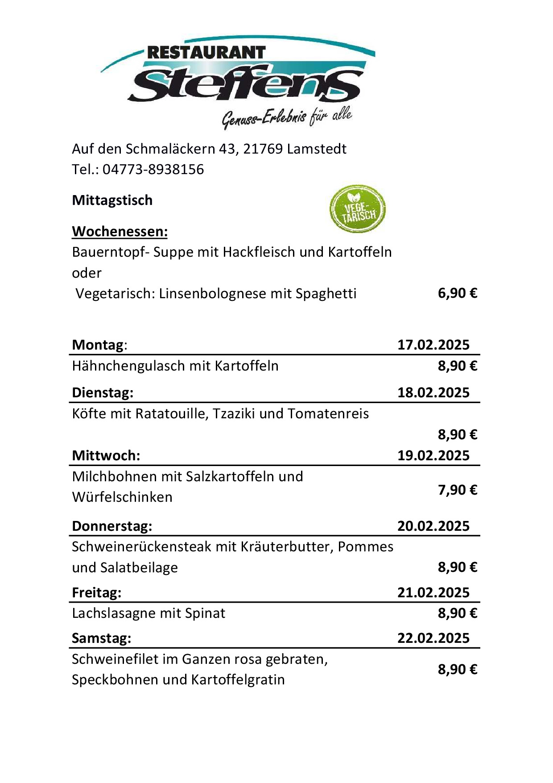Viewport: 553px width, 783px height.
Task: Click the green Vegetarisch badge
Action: (357, 209)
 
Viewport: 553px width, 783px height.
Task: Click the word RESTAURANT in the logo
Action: (206, 53)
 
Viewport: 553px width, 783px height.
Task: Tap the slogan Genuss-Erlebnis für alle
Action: (287, 118)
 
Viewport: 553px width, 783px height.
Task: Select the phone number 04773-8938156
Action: (153, 170)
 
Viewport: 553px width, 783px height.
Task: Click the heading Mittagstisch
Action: (112, 200)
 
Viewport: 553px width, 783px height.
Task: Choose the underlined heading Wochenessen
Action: (120, 231)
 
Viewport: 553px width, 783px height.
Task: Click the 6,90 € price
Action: (457, 293)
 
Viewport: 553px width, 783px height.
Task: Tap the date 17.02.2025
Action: (433, 345)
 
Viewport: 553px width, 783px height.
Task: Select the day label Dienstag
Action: (103, 393)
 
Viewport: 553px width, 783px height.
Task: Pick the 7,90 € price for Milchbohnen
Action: (457, 490)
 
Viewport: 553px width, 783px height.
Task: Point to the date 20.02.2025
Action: (433, 526)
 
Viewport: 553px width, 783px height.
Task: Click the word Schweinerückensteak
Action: (141, 547)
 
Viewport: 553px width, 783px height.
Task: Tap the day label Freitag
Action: (96, 593)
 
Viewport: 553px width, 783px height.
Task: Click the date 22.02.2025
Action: (433, 638)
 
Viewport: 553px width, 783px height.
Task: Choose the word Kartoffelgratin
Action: (238, 680)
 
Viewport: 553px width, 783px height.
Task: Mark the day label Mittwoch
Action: (106, 456)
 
